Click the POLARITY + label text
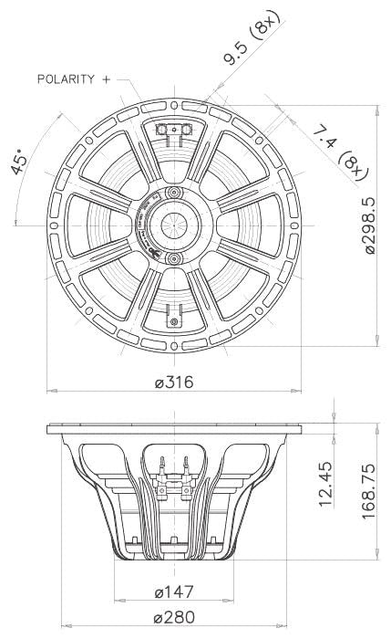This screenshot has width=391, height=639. tap(73, 80)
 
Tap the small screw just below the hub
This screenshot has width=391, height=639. tap(173, 259)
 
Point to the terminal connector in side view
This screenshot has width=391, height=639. tap(173, 476)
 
